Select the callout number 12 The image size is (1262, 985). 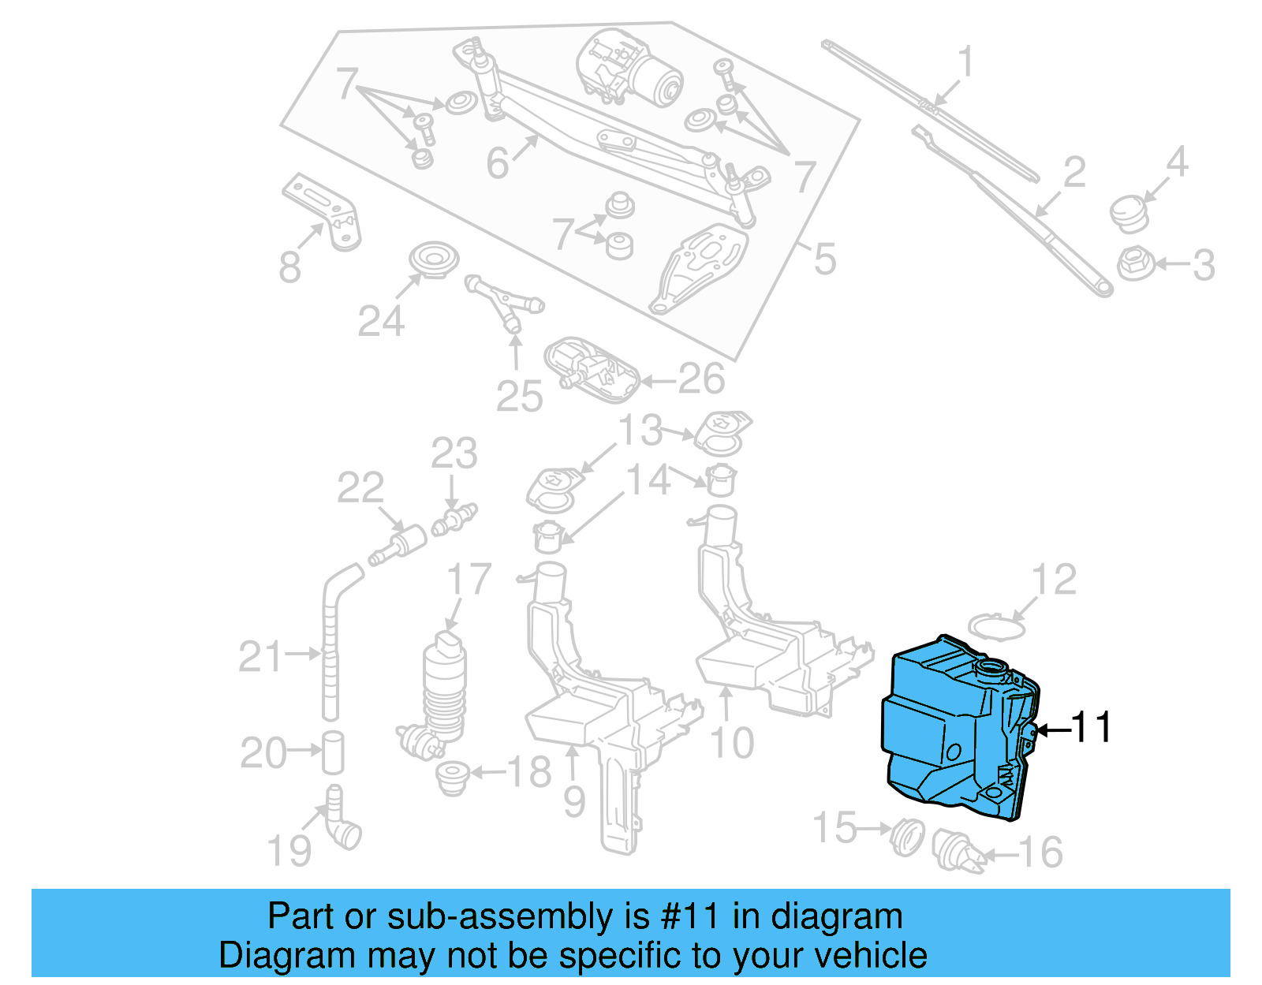click(1054, 580)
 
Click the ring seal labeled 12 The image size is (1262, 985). click(997, 628)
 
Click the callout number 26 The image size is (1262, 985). click(701, 379)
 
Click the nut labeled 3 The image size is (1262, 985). click(1136, 263)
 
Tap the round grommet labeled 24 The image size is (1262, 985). click(434, 259)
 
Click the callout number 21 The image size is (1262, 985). click(259, 657)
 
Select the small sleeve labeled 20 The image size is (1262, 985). click(333, 752)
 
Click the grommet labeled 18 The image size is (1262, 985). click(453, 778)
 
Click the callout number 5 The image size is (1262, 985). click(823, 259)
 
